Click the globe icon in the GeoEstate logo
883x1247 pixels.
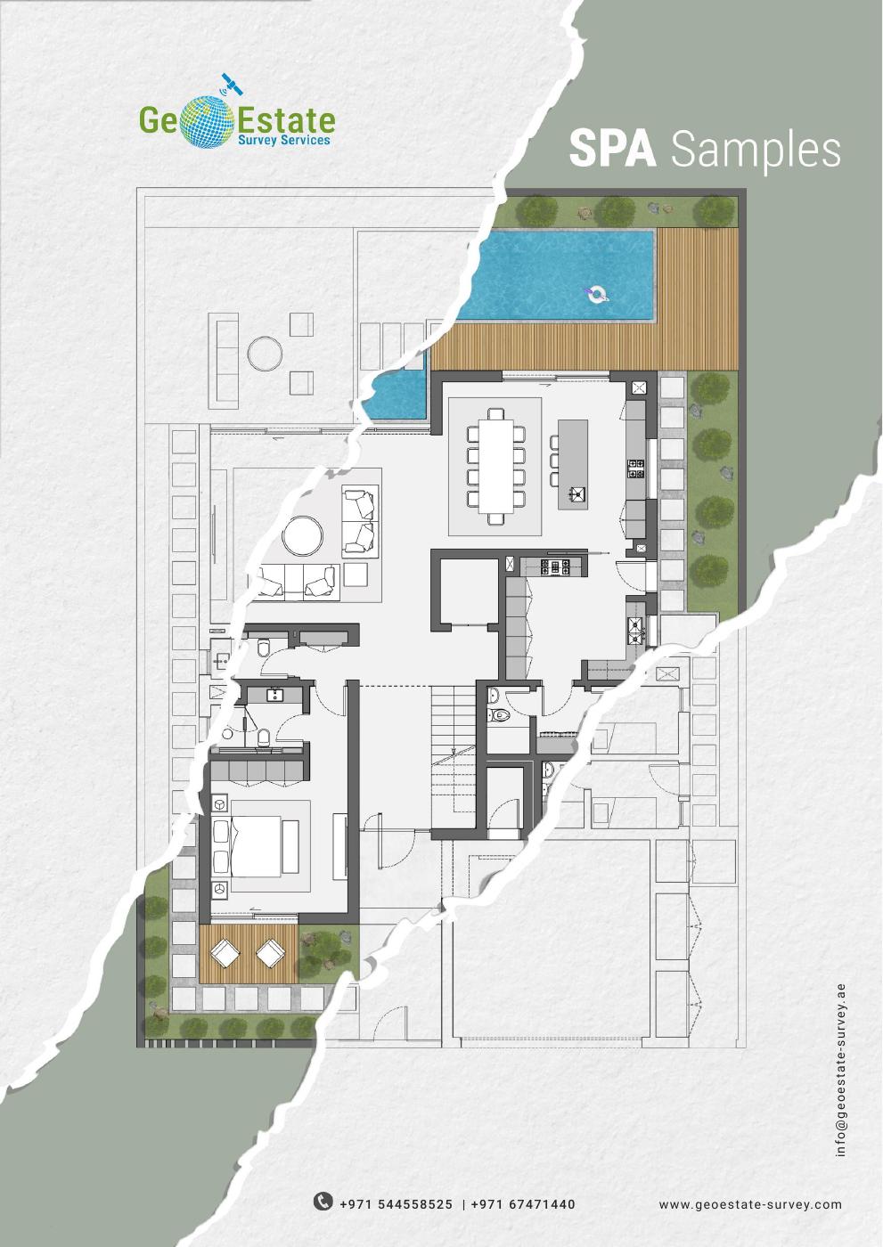coord(208,120)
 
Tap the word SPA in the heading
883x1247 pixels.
coord(612,150)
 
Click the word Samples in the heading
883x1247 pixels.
coord(756,150)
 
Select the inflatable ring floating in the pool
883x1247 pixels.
coord(595,293)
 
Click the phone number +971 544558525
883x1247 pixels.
coord(397,1204)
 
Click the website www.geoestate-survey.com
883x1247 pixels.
coord(750,1204)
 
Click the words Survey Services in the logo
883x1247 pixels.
coord(283,140)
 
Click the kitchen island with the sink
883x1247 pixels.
coord(573,463)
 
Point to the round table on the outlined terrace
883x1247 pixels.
coord(265,354)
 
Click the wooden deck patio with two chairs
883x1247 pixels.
coord(249,953)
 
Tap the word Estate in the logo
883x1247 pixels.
coord(284,119)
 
